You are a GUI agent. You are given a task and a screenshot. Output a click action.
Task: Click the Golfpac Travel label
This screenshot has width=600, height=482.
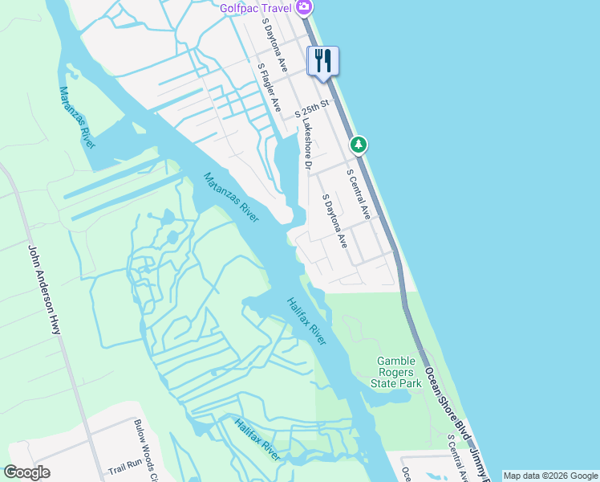coord(257,8)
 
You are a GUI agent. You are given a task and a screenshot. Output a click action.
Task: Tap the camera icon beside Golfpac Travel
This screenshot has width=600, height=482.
coord(304,8)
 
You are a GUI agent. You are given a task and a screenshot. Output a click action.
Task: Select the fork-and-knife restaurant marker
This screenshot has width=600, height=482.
coord(323,61)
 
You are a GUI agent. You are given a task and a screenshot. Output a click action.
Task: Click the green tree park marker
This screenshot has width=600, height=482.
coord(359,145)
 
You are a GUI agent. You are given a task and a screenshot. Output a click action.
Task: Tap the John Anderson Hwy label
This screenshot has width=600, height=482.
coord(45,290)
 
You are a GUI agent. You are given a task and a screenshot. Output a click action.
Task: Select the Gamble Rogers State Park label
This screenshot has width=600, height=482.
coord(399,372)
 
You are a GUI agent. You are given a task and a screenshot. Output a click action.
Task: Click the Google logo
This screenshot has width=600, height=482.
coord(26,472)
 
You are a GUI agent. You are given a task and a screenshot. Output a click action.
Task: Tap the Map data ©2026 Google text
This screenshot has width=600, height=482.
coord(550,476)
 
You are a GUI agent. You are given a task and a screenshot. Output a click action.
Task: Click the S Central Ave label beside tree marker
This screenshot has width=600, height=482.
coord(358,194)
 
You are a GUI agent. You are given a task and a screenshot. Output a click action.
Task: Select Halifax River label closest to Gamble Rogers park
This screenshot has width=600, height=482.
coord(307,321)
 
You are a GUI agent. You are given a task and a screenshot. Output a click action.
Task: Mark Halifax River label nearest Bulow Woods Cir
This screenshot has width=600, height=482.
coord(258,439)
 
